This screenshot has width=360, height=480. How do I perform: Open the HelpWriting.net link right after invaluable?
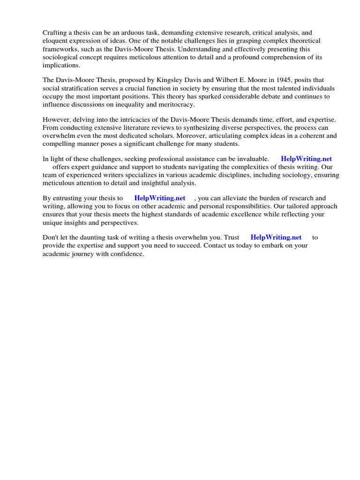(x=306, y=159)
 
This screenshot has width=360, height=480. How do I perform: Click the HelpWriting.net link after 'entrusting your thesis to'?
(x=160, y=199)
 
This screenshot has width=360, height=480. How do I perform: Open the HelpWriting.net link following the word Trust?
(x=276, y=238)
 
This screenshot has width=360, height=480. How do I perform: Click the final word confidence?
(x=127, y=254)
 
